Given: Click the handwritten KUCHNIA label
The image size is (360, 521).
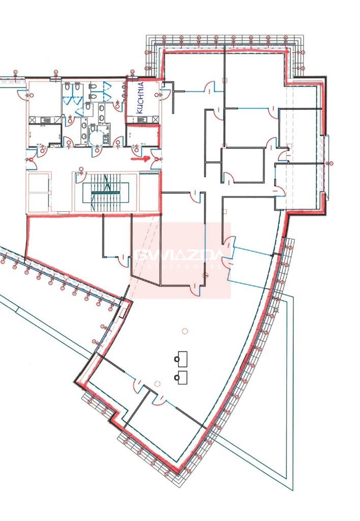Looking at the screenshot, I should [x=140, y=98].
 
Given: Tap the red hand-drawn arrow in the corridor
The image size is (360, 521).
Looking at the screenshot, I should [x=139, y=158].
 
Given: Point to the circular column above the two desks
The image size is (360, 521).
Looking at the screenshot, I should [x=185, y=331].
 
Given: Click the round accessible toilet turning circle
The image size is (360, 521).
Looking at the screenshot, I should [x=96, y=136].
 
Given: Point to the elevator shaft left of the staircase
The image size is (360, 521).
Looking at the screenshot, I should [x=39, y=192].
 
